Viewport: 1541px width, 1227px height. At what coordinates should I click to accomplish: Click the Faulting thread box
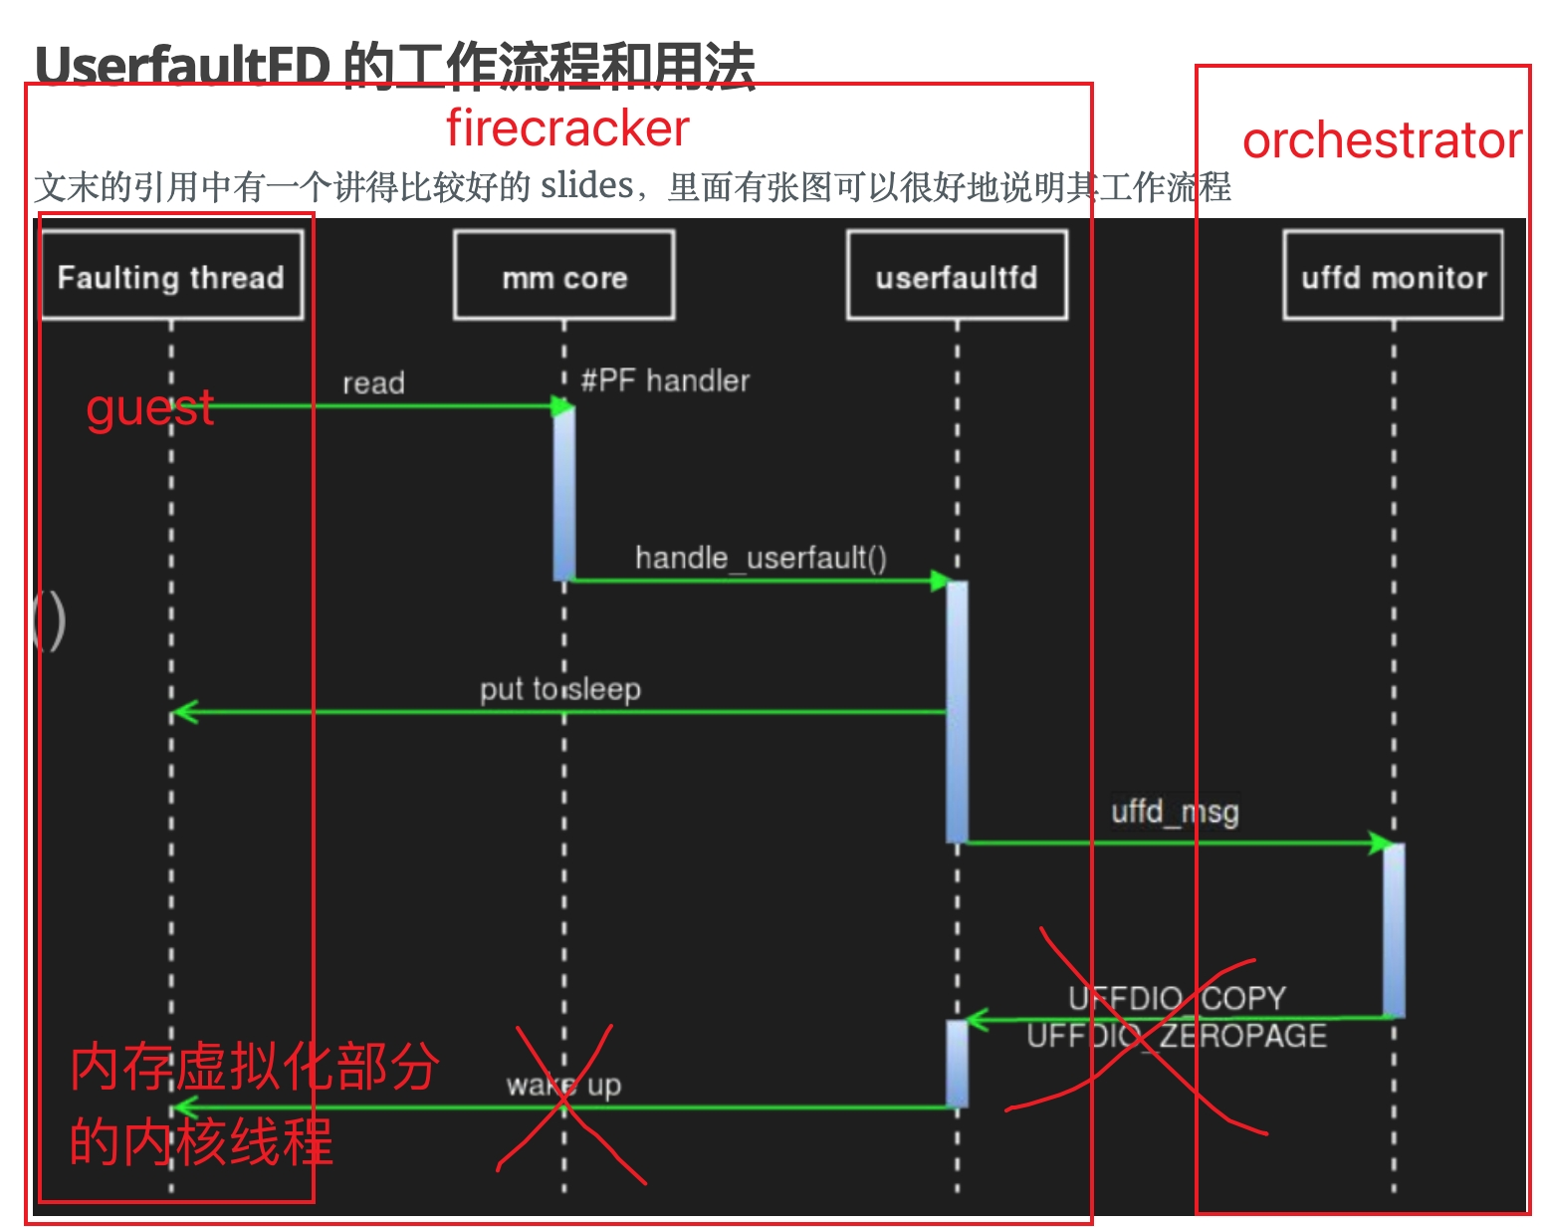(x=171, y=276)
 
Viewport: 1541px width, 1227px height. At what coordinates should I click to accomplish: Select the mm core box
(x=563, y=276)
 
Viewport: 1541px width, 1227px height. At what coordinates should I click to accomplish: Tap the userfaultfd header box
(x=957, y=276)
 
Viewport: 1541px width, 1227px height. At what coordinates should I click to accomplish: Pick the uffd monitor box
(x=1393, y=276)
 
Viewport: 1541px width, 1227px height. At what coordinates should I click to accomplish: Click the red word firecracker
(x=567, y=128)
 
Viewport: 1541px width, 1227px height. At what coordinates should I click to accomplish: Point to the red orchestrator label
(x=1382, y=140)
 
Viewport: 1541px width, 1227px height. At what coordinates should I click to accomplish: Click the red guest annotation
(x=149, y=408)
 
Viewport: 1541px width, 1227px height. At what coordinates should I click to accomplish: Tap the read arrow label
(x=373, y=382)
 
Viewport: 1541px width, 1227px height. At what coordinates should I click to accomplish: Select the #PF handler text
(x=665, y=379)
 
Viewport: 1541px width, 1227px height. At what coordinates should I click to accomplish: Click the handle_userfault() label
(x=761, y=557)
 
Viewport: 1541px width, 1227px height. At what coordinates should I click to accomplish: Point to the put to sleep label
(x=559, y=688)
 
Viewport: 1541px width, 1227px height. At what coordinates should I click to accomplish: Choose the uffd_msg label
(x=1175, y=812)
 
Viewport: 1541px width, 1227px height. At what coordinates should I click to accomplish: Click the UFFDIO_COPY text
(x=1177, y=997)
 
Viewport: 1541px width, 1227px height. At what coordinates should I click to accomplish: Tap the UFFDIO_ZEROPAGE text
(x=1177, y=1036)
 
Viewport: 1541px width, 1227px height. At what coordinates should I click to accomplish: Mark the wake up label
(x=563, y=1084)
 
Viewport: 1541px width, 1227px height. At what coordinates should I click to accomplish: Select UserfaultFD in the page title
(x=182, y=67)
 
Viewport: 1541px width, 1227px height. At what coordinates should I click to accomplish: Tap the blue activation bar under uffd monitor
(x=1394, y=929)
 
